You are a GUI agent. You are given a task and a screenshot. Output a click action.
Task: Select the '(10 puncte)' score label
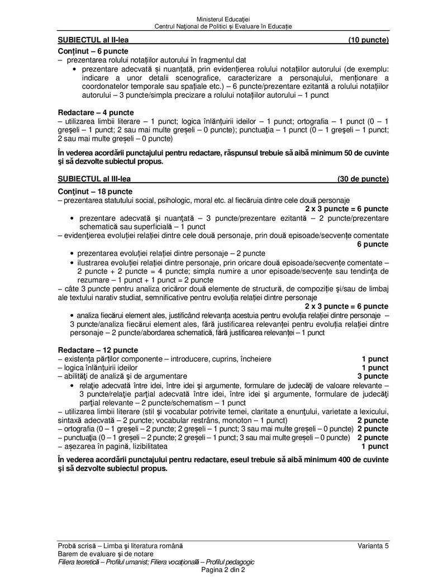tap(368, 40)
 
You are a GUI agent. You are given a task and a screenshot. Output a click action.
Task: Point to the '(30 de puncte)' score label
tap(363, 179)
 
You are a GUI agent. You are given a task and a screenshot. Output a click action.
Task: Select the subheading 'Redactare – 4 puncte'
tap(96, 112)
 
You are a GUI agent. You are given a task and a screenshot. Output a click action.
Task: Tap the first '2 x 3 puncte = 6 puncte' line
tap(346, 208)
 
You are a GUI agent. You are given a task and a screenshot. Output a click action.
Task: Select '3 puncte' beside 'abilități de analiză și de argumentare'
tap(373, 377)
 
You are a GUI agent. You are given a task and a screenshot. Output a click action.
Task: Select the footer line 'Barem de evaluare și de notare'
tap(101, 553)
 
